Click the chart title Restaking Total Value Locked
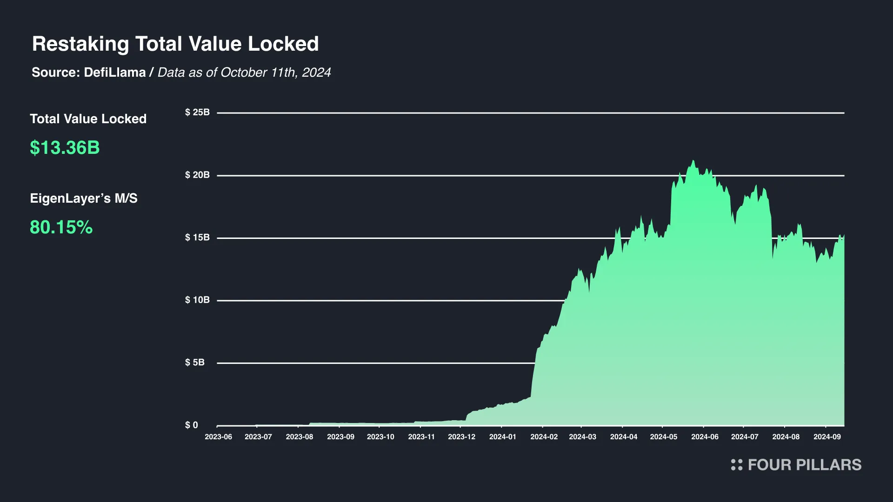(x=175, y=44)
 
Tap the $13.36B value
(x=65, y=148)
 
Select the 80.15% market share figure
(x=61, y=227)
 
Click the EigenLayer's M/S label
(x=84, y=198)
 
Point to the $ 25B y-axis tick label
(x=197, y=112)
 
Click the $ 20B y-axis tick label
(x=197, y=175)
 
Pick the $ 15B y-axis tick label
(x=197, y=238)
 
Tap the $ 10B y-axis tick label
(x=197, y=300)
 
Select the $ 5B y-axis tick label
(x=195, y=363)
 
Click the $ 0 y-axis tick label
(x=192, y=425)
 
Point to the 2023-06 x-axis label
(x=218, y=437)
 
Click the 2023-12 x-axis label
(x=461, y=437)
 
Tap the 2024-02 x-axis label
(x=544, y=437)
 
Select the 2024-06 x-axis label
(x=705, y=437)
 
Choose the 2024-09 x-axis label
(x=827, y=437)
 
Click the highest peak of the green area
(x=693, y=161)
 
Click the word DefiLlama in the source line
(x=115, y=73)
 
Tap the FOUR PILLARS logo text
(x=805, y=465)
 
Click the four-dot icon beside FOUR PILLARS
(x=737, y=465)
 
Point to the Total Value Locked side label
(x=88, y=119)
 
